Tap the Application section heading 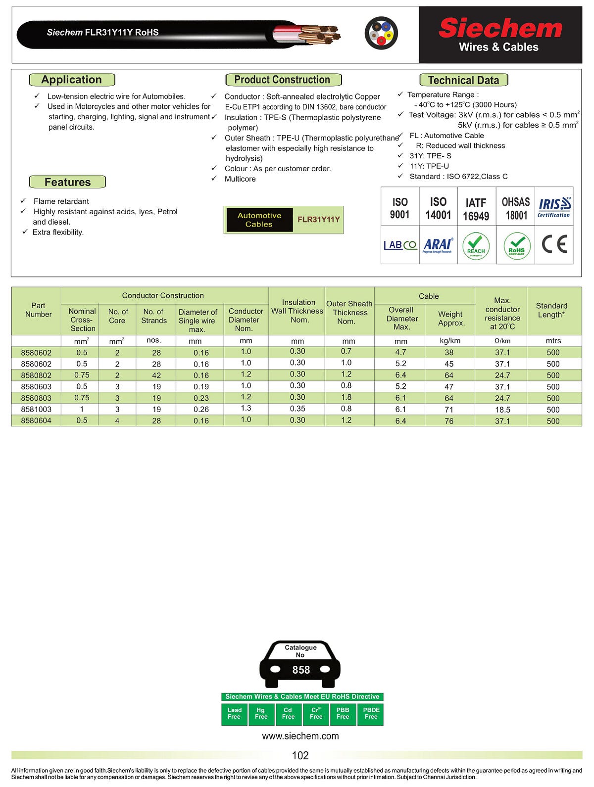tap(72, 80)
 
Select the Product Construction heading tap(283, 80)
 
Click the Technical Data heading tap(463, 80)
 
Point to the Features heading tap(67, 182)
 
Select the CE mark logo tap(554, 244)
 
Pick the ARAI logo tap(438, 245)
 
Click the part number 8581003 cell tap(36, 410)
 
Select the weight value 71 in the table tap(449, 410)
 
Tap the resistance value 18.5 tap(502, 410)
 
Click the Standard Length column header tap(551, 310)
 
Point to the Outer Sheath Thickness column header tap(349, 312)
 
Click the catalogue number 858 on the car tap(301, 670)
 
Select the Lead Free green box tap(234, 713)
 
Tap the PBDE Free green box tap(371, 713)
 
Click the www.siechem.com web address tap(300, 736)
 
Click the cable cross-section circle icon tap(381, 33)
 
